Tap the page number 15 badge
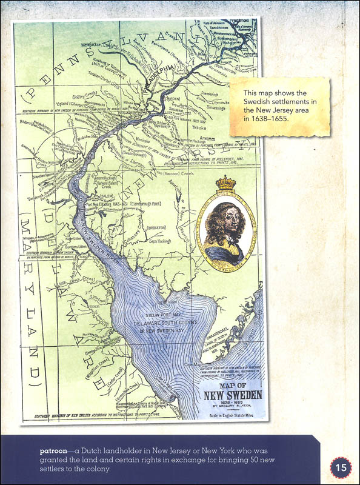(341, 467)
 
